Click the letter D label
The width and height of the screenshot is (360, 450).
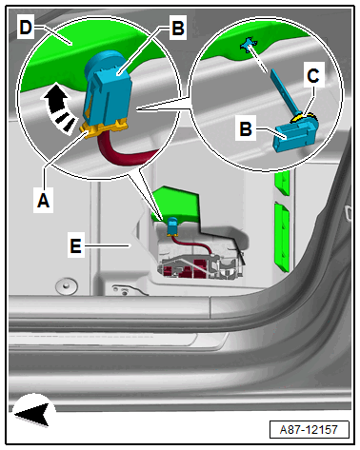coord(26,28)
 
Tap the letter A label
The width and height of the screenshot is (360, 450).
coord(43,201)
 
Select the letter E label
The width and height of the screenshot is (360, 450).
coord(75,245)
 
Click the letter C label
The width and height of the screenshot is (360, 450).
coord(313,75)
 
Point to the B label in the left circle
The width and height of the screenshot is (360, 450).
coord(178,28)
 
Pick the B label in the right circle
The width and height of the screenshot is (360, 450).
coord(246,128)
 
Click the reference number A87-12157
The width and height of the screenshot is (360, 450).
coord(309,430)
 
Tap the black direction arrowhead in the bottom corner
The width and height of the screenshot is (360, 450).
coord(33,414)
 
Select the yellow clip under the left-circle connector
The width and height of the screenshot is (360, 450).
coord(103,127)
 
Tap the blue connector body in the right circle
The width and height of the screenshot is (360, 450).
coord(296,135)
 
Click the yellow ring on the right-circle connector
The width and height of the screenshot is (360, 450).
coord(300,118)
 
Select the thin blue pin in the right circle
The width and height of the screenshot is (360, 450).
coord(284,91)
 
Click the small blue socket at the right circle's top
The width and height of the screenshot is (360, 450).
coord(249,45)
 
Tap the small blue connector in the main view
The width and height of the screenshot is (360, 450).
coord(172,225)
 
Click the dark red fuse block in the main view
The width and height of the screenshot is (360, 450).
coord(188,268)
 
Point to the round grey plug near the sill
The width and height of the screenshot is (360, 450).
coord(66,286)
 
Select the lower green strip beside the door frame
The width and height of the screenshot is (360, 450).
coord(282,237)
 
